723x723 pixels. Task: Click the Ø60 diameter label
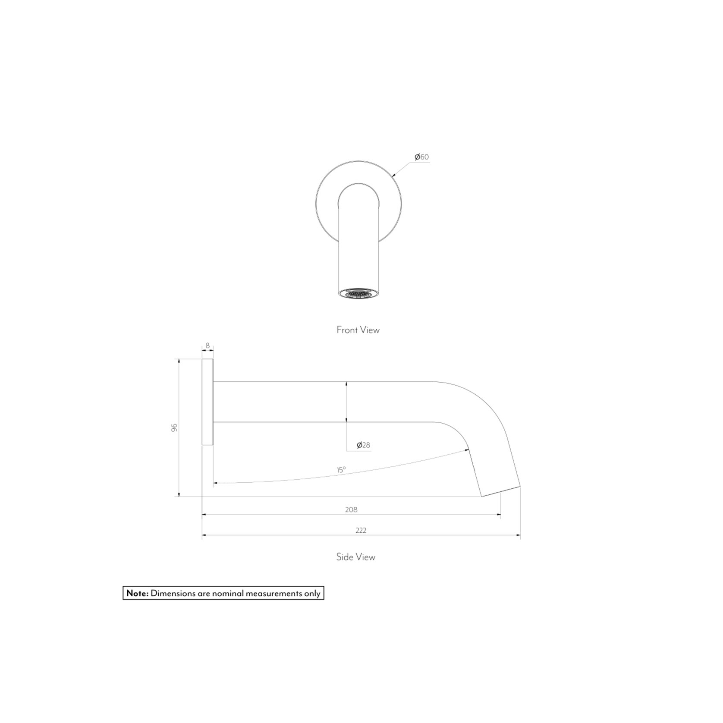tap(421, 157)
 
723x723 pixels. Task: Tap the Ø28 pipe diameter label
tap(363, 445)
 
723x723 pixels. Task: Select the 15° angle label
tap(341, 470)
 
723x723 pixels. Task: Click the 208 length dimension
tap(351, 509)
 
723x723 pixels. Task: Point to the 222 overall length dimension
tap(361, 530)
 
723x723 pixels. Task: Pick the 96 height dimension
tap(174, 428)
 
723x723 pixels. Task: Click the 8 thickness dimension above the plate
tap(207, 346)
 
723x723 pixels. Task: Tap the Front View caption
tap(358, 330)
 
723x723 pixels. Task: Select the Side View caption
tap(356, 557)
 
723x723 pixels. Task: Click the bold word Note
tap(137, 593)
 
